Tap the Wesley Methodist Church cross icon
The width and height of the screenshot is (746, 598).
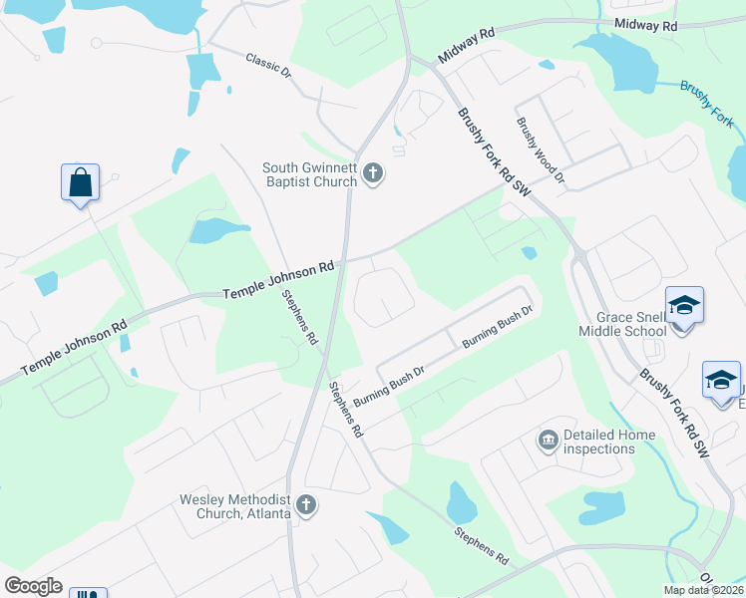[x=306, y=505]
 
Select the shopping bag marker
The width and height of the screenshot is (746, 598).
[x=80, y=184]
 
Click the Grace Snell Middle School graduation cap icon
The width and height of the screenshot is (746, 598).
[x=684, y=305]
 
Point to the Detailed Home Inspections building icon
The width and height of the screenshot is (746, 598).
[x=548, y=441]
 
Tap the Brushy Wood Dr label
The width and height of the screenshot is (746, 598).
[x=541, y=150]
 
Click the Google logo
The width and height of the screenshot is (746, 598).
[x=33, y=586]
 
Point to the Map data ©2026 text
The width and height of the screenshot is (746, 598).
[x=703, y=590]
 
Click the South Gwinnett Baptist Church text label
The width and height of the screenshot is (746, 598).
[x=309, y=174]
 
